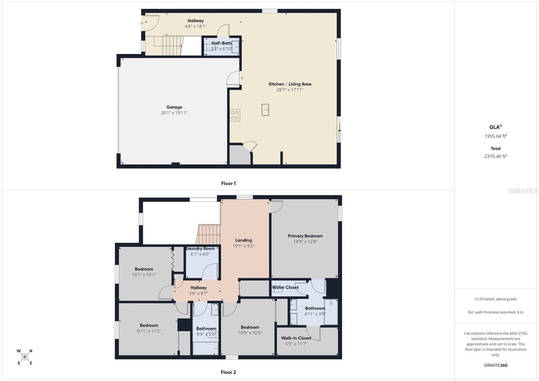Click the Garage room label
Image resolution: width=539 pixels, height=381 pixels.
pos(174,107)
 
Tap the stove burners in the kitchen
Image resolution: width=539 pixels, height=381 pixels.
pos(235,115)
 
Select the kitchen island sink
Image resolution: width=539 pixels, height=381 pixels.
pos(265,110)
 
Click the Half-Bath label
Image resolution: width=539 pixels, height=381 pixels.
pos(221,43)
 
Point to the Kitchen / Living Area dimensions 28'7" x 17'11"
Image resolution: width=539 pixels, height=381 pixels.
pos(290,90)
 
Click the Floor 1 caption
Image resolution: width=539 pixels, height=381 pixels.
pos(228,184)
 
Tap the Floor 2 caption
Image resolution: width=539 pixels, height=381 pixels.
pos(228,372)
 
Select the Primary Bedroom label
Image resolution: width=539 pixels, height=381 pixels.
pos(305,236)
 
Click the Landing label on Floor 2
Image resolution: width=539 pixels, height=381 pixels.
pos(244,240)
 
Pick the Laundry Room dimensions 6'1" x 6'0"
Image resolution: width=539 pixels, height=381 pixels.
pos(200,254)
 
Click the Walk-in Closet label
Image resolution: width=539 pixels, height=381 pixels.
pos(296,338)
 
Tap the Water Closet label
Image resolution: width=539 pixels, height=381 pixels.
pos(285,287)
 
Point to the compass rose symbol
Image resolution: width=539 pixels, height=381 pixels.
pos(25,357)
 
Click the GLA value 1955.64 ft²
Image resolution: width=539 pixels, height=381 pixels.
pos(496,136)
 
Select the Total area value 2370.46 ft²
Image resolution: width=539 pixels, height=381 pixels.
pos(496,156)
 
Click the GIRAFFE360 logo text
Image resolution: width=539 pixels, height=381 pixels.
pos(496,365)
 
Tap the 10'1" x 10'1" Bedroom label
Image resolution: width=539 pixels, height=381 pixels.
pos(144,269)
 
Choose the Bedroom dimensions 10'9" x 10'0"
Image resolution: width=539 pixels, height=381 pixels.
pos(250,333)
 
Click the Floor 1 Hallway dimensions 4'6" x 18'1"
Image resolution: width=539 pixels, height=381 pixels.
pos(195,26)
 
